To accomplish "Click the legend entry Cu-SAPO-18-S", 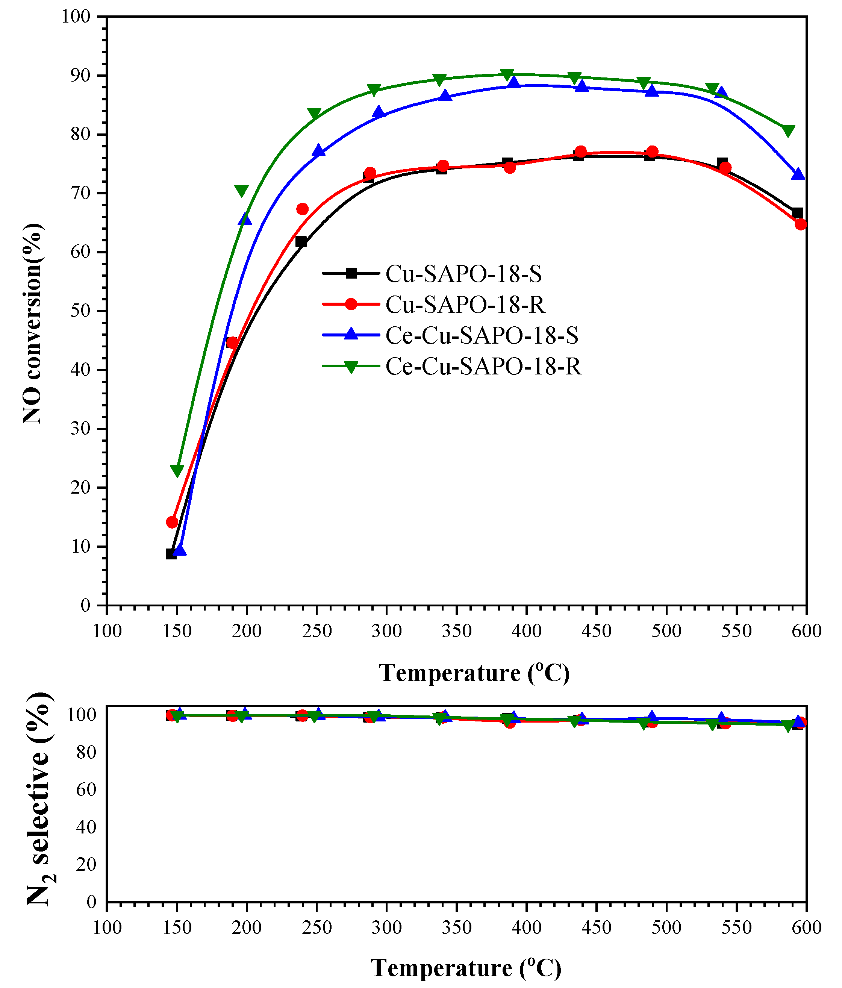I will [463, 274].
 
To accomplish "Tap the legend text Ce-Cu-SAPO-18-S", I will [482, 336].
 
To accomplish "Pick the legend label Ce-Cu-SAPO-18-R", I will [483, 367].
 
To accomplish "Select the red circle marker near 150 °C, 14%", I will [172, 522].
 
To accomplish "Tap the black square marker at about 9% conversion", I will [171, 554].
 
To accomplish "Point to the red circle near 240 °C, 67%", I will [302, 209].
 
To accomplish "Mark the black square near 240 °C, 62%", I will [301, 242].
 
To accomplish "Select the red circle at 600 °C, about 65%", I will [801, 224].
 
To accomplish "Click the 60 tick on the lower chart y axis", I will [86, 789].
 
